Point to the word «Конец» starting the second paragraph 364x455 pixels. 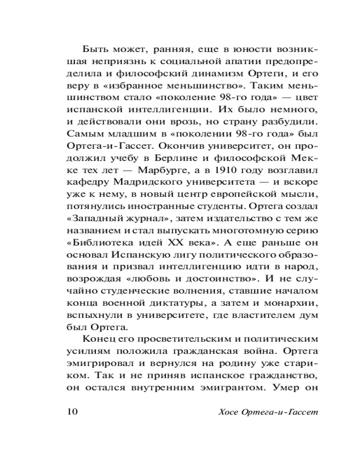click(96, 339)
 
